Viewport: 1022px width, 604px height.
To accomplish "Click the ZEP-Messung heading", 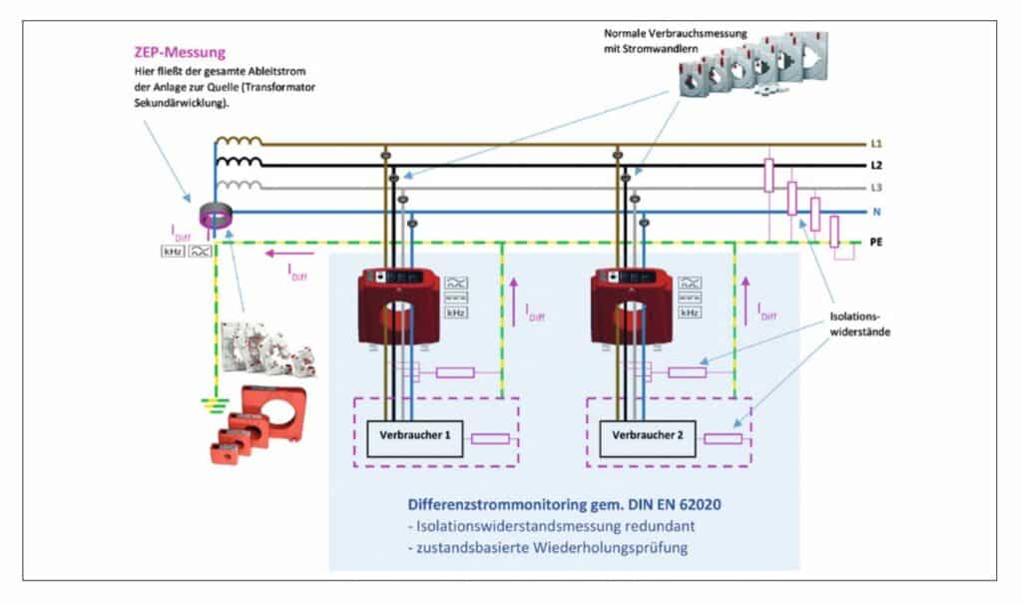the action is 180,52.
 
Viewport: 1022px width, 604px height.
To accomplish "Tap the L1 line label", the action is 876,144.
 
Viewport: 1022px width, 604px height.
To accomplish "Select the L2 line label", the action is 876,166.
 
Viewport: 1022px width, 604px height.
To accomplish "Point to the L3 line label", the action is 876,188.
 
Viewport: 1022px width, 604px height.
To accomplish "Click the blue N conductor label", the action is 876,212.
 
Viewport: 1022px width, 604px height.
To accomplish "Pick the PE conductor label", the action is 876,242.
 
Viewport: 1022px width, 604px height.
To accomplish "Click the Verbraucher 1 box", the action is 414,438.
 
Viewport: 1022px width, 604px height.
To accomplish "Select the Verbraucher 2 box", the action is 647,438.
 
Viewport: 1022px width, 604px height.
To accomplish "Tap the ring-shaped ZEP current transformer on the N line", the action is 216,216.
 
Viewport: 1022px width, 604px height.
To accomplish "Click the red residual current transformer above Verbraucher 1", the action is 399,307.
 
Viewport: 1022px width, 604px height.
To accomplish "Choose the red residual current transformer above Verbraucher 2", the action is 632,307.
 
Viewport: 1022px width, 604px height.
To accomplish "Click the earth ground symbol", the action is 216,405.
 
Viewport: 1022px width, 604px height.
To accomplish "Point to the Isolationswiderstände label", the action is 859,324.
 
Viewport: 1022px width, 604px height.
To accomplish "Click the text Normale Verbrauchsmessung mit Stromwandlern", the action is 676,41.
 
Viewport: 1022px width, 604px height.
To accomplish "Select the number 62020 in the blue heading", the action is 700,504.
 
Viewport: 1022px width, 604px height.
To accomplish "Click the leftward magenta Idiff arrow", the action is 289,254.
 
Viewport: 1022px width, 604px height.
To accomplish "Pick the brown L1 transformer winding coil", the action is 239,140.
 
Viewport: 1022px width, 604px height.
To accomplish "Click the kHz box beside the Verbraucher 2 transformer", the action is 690,313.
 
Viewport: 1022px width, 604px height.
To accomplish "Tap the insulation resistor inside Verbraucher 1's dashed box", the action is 490,439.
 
